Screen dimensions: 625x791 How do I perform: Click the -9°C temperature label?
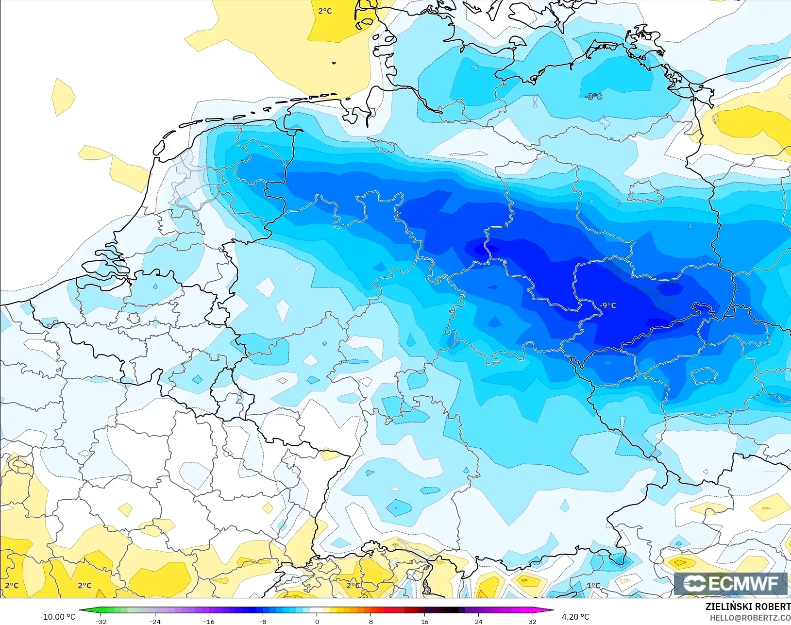coord(608,305)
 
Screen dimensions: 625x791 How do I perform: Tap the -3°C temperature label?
coord(594,97)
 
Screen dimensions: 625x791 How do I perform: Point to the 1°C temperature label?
coord(593,586)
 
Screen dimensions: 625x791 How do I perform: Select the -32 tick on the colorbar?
coord(101,621)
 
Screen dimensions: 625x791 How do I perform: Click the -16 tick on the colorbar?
coord(208,621)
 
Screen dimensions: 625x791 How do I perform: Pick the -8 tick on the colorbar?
coord(262,621)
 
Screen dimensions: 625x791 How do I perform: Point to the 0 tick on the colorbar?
coord(317,621)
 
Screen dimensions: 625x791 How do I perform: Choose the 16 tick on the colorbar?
coord(424,621)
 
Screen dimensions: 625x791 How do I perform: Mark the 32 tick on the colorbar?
coord(532,621)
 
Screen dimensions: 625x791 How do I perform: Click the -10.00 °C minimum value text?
coord(57,617)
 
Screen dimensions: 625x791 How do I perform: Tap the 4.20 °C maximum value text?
coord(575,617)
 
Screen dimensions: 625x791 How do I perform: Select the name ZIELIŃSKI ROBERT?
coord(748,607)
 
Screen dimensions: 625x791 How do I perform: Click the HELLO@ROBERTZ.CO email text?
coord(750,618)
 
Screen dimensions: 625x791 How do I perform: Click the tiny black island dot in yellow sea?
coord(334,63)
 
